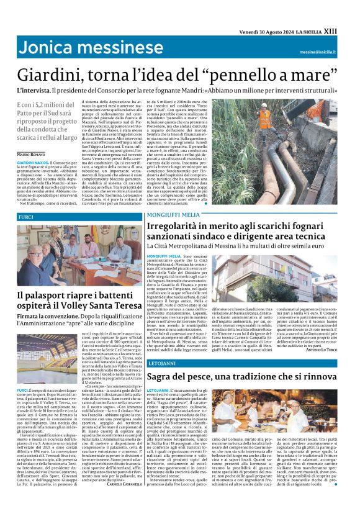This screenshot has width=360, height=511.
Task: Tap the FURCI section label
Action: [x=26, y=217]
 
